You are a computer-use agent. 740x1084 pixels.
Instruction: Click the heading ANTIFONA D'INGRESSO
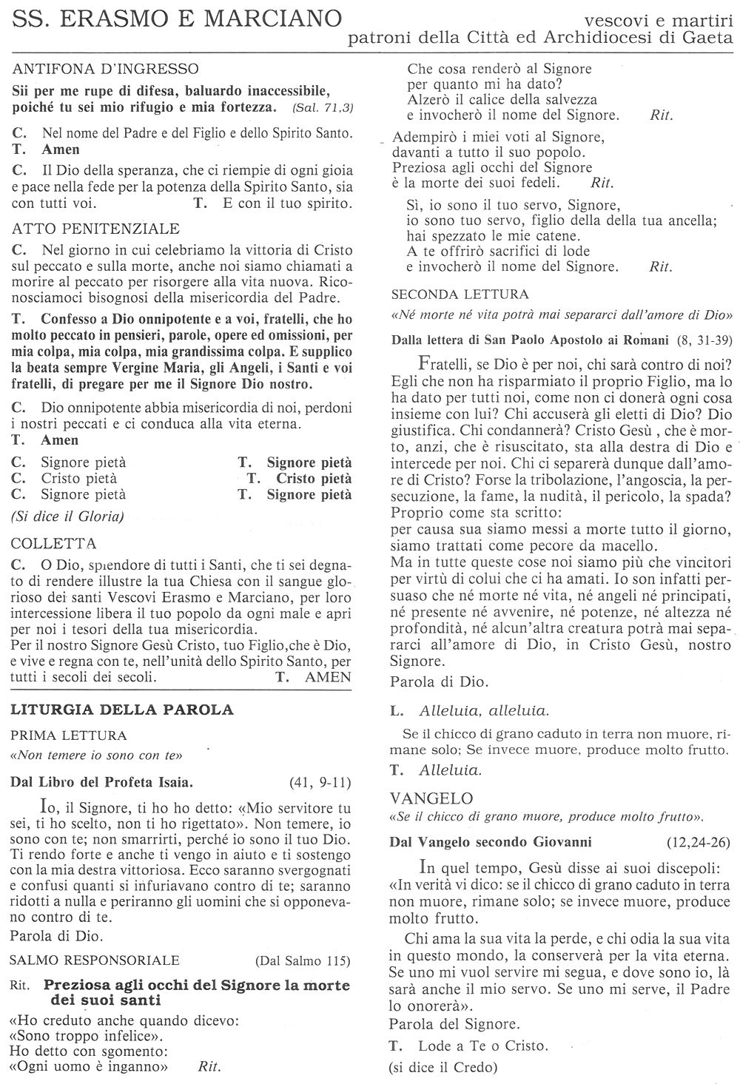(x=106, y=70)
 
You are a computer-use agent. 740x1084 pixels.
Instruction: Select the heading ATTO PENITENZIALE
(x=96, y=228)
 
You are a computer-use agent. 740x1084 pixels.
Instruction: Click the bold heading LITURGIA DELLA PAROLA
(x=122, y=710)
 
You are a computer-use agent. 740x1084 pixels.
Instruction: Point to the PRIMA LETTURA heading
(x=68, y=735)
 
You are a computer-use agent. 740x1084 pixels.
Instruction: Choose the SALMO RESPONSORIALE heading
(x=95, y=960)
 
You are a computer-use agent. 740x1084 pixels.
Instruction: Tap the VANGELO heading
(x=431, y=798)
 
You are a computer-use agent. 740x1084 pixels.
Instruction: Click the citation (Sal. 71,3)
(x=323, y=108)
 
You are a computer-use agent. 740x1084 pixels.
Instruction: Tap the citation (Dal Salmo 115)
(x=303, y=961)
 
